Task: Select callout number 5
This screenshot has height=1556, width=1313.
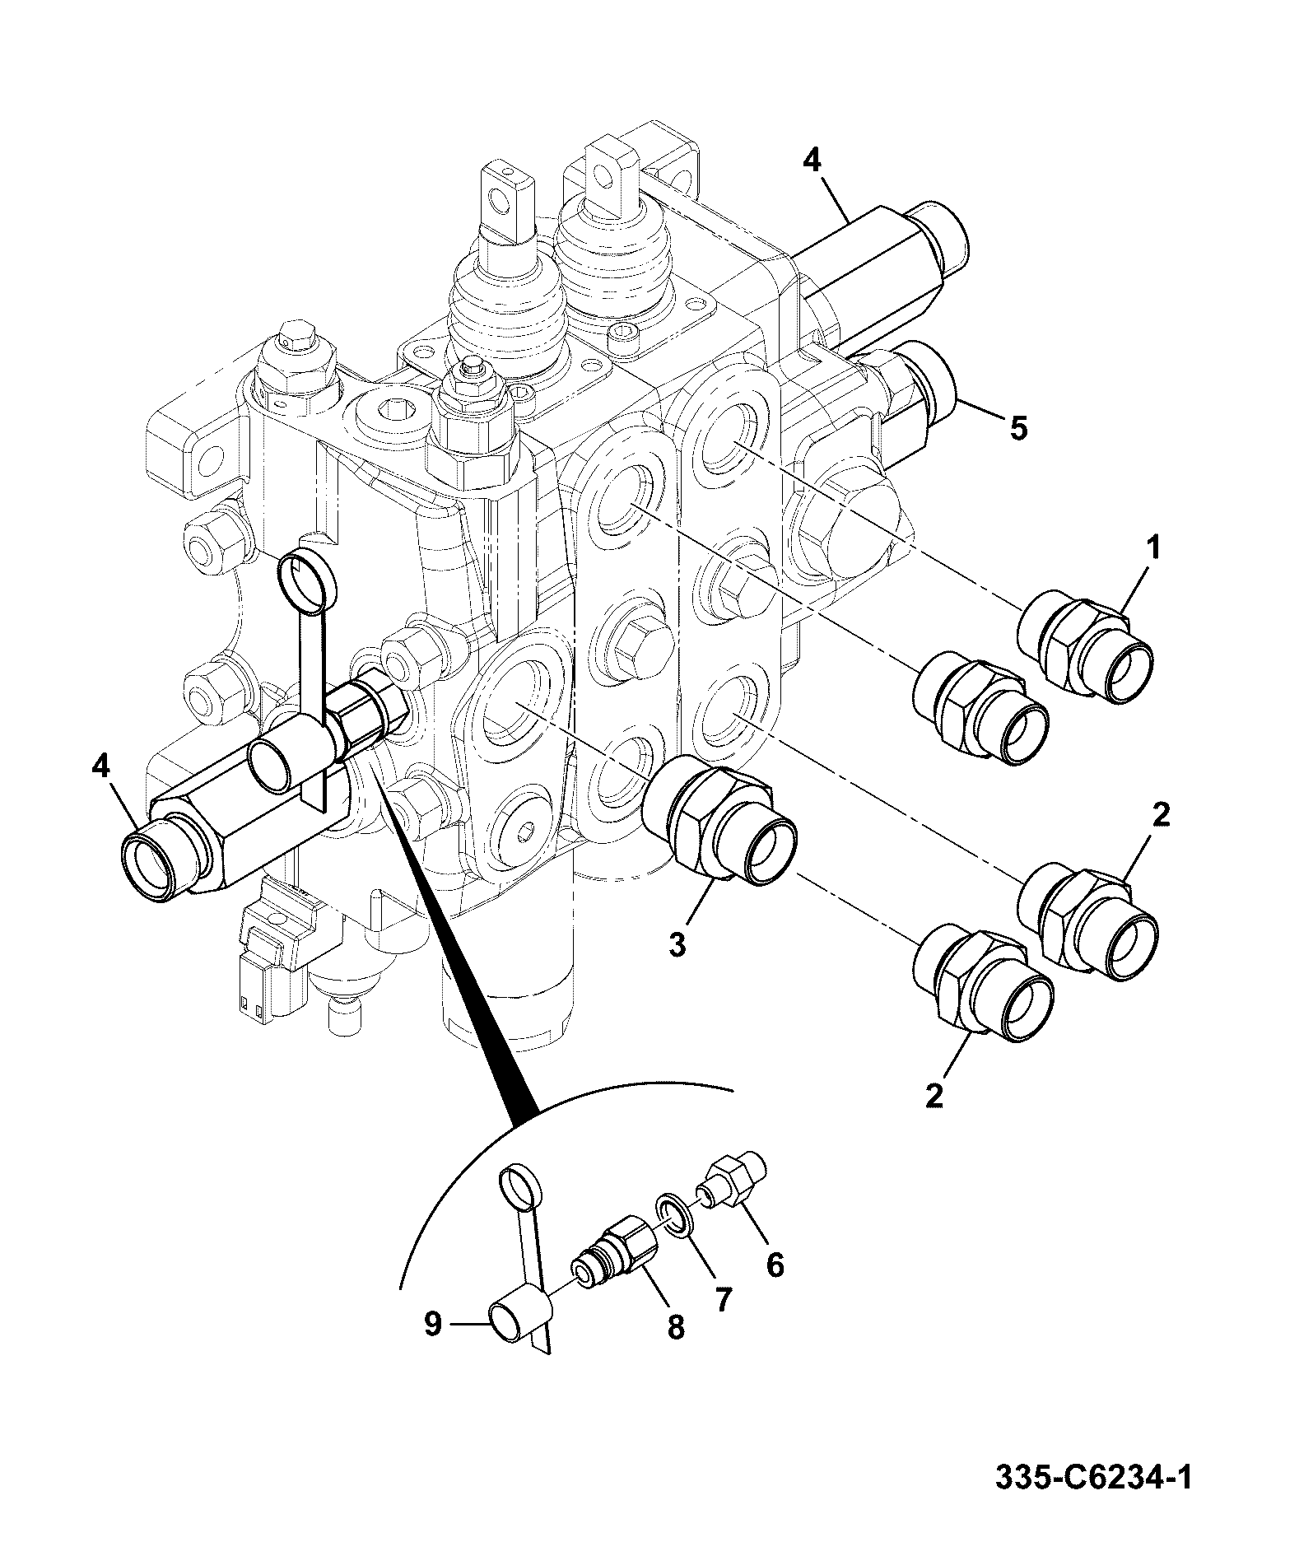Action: tap(1018, 428)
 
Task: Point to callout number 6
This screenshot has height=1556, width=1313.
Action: tap(775, 1264)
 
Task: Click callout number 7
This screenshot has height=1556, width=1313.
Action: tap(722, 1299)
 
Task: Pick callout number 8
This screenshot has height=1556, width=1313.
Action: tap(676, 1327)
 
